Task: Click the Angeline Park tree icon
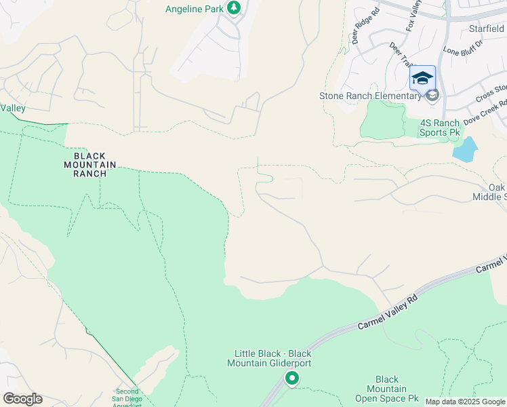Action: (x=234, y=8)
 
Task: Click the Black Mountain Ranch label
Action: (x=90, y=164)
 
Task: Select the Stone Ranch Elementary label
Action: (x=370, y=96)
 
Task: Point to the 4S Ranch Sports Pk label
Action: (x=440, y=128)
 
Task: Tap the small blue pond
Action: (x=464, y=150)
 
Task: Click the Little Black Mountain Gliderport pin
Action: (x=292, y=379)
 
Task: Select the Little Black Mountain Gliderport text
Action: (x=272, y=358)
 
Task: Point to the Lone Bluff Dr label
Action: (x=462, y=48)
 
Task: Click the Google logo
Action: (x=22, y=399)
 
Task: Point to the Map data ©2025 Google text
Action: (x=465, y=402)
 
